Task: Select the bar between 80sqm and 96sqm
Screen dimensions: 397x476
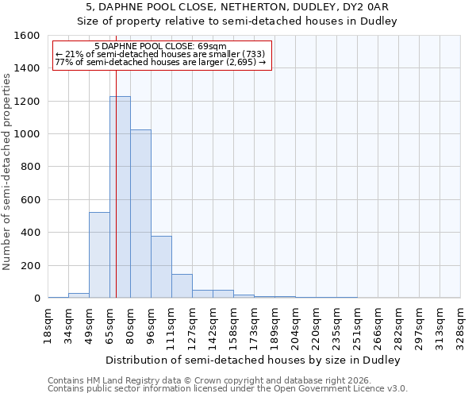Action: (140, 214)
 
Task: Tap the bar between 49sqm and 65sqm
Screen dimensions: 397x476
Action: (99, 255)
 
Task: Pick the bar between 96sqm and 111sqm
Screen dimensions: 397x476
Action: (161, 267)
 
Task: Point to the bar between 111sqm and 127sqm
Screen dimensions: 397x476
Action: (182, 286)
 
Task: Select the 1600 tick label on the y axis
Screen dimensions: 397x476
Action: (27, 36)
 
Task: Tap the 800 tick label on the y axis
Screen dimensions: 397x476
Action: (30, 168)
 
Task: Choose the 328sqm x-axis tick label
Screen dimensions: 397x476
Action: (461, 323)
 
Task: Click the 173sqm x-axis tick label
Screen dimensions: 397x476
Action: (255, 323)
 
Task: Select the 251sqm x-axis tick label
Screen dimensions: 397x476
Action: (358, 323)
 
